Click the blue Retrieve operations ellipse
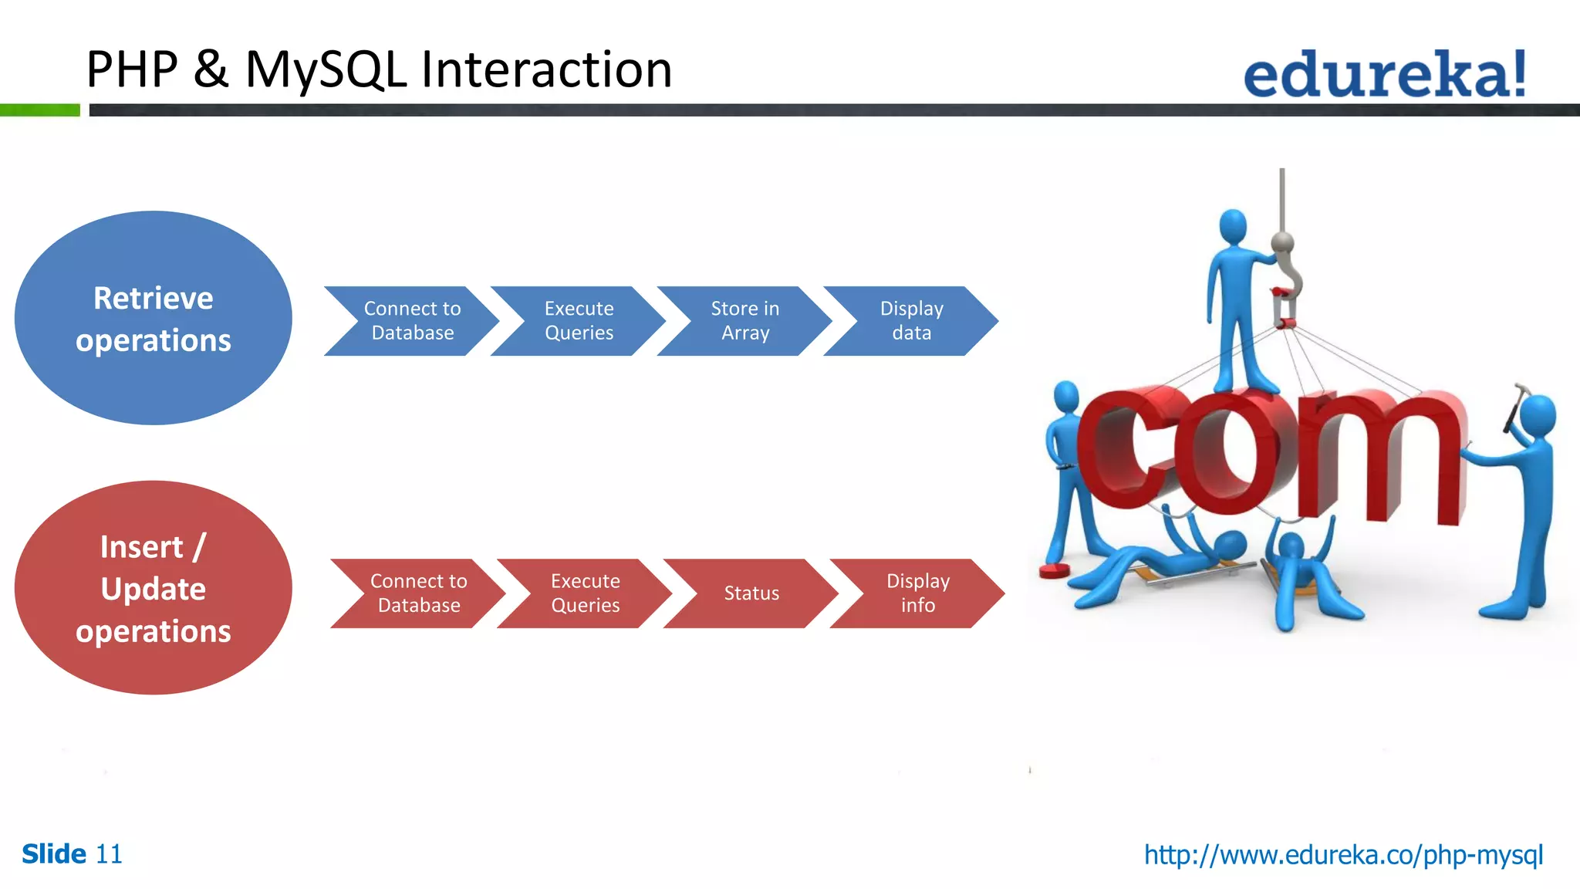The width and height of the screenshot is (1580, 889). click(x=153, y=318)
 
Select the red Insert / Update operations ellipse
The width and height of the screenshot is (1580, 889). click(x=153, y=588)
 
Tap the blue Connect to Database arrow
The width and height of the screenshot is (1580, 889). click(x=412, y=321)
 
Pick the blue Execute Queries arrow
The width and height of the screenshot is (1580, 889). click(x=579, y=321)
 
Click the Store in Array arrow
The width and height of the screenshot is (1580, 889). click(x=745, y=321)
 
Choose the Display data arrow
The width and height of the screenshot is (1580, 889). click(x=912, y=321)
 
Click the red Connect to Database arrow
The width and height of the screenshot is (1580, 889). click(x=418, y=593)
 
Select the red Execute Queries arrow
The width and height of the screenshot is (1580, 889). click(x=585, y=593)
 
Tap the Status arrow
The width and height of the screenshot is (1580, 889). click(x=751, y=593)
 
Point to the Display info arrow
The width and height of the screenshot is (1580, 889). click(x=918, y=593)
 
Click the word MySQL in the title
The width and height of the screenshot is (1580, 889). click(x=326, y=70)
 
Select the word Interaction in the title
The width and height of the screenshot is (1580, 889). click(x=546, y=70)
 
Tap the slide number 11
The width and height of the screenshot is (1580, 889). click(x=109, y=854)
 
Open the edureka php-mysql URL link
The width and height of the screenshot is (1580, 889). click(x=1343, y=854)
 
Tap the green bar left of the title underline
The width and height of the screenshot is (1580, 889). click(x=40, y=110)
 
